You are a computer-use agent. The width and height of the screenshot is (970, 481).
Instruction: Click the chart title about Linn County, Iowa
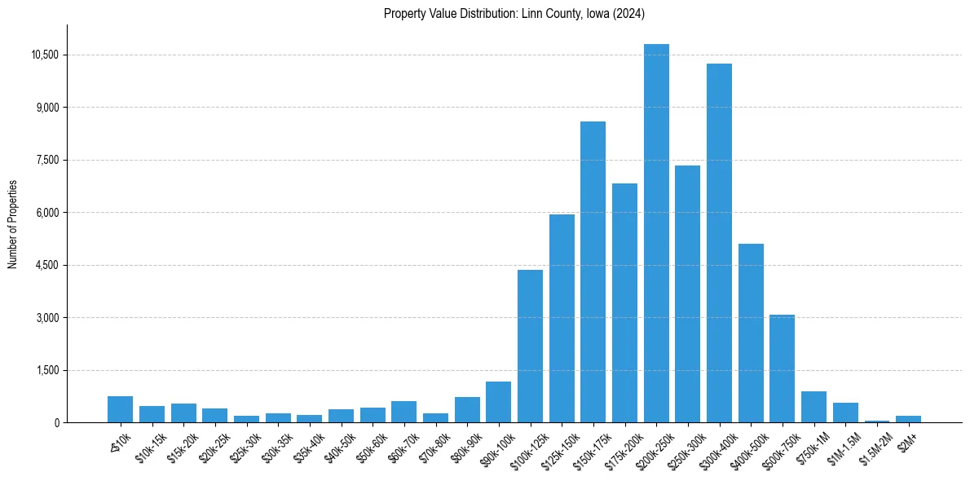pyautogui.click(x=514, y=14)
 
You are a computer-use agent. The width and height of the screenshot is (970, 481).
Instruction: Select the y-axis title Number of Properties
pyautogui.click(x=13, y=224)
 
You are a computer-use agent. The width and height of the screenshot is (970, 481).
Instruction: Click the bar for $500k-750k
pyautogui.click(x=782, y=368)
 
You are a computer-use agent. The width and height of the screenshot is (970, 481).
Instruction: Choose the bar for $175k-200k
pyautogui.click(x=624, y=302)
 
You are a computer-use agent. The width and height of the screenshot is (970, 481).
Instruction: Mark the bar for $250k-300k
pyautogui.click(x=687, y=293)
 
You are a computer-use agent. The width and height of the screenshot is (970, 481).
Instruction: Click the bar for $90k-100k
pyautogui.click(x=498, y=402)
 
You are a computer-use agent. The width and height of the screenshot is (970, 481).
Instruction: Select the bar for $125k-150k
pyautogui.click(x=562, y=318)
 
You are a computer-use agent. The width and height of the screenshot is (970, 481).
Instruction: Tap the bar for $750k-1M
pyautogui.click(x=813, y=407)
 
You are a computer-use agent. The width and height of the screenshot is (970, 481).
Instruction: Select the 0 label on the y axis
pyautogui.click(x=57, y=422)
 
